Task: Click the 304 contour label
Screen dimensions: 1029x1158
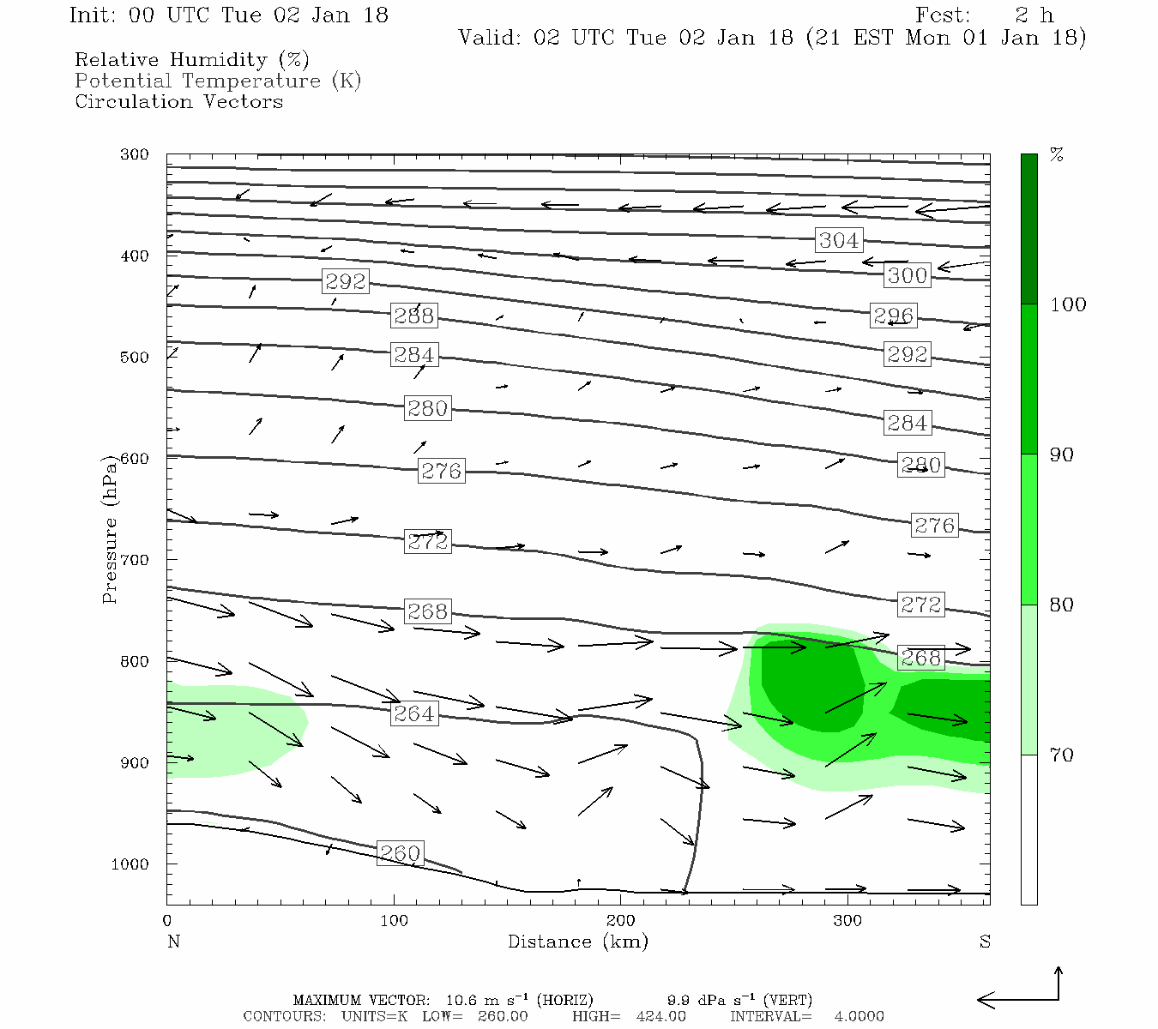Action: tap(838, 240)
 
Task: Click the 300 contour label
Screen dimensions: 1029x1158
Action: tap(907, 275)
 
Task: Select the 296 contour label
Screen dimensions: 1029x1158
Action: tap(893, 316)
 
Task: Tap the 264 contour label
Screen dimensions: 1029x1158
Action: tap(413, 713)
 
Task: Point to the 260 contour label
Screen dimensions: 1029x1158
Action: tap(400, 853)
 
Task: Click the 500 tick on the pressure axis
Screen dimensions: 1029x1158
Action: tap(135, 358)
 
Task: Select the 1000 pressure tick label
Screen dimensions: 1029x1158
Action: tap(130, 864)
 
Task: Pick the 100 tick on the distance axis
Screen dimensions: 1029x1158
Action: tap(394, 921)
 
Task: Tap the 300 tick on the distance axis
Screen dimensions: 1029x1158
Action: tap(847, 921)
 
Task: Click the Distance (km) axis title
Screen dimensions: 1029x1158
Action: tap(577, 942)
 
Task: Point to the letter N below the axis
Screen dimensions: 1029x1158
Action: tap(173, 942)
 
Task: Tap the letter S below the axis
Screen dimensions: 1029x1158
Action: tap(985, 942)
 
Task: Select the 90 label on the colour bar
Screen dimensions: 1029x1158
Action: tap(1062, 454)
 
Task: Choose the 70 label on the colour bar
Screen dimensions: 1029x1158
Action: tap(1062, 755)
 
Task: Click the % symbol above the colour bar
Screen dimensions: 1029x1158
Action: tap(1057, 155)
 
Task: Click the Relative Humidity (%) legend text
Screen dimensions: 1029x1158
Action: tap(191, 60)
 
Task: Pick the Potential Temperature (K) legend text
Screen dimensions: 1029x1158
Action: tap(218, 81)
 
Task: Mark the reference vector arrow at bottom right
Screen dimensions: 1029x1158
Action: tap(1021, 991)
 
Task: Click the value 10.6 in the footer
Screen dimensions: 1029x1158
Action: tap(463, 1000)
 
